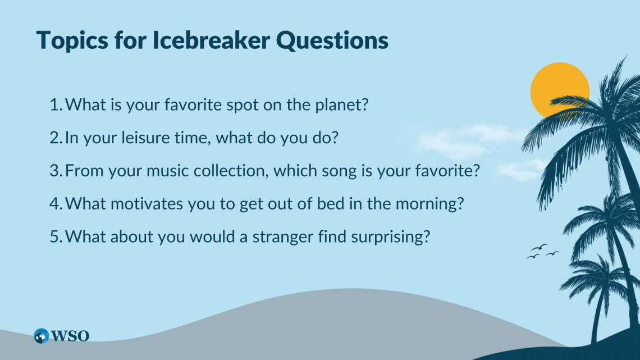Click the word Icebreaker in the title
tap(211, 40)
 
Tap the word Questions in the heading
tap(332, 41)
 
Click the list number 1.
tap(56, 104)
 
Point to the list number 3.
tap(56, 171)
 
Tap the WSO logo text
tap(70, 336)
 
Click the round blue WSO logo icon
tap(41, 336)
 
